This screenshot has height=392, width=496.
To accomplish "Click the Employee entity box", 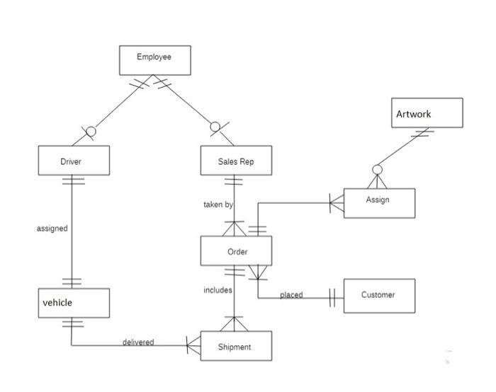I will tap(154, 59).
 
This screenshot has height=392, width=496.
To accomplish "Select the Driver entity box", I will tap(74, 161).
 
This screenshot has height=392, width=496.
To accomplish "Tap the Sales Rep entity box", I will tap(235, 161).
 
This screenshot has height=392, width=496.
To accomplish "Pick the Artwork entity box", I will tap(427, 113).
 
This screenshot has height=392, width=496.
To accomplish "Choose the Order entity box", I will tap(236, 251).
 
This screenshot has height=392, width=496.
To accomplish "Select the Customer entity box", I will tap(379, 295).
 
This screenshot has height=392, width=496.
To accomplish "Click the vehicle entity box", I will tap(74, 303).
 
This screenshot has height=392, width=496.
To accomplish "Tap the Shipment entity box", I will tap(236, 346).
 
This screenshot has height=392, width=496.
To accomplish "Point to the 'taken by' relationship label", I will tap(218, 204).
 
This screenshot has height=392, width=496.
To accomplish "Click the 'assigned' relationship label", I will tap(52, 229).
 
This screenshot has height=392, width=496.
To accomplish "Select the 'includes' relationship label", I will tap(218, 290).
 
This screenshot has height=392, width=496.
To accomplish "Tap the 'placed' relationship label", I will tap(291, 295).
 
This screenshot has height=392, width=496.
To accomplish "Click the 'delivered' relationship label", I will tap(137, 342).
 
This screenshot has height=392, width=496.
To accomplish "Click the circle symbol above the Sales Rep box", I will tap(215, 127).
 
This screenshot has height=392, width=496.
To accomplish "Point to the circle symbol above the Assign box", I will tap(378, 170).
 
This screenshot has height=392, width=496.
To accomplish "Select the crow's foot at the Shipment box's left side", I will tap(193, 346).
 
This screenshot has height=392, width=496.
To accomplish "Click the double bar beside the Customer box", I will tap(332, 296).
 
